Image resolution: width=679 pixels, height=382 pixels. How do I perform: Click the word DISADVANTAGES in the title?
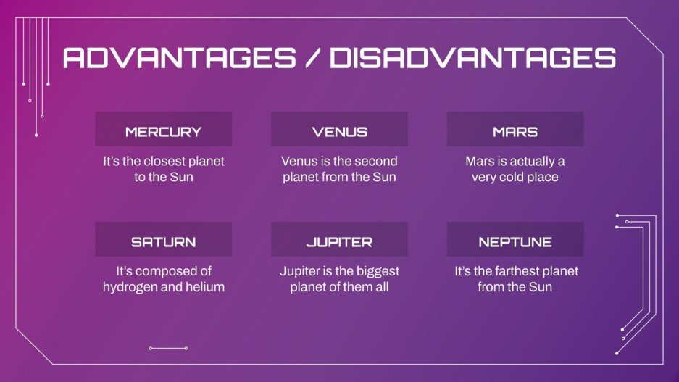[x=472, y=59]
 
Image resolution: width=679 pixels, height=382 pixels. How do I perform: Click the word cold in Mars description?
[x=513, y=178]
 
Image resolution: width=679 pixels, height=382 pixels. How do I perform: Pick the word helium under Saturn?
[x=205, y=287]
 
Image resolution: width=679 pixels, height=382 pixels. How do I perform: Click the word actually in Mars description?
[x=527, y=162]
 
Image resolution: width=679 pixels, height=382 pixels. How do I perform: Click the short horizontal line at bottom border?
[x=168, y=349]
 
